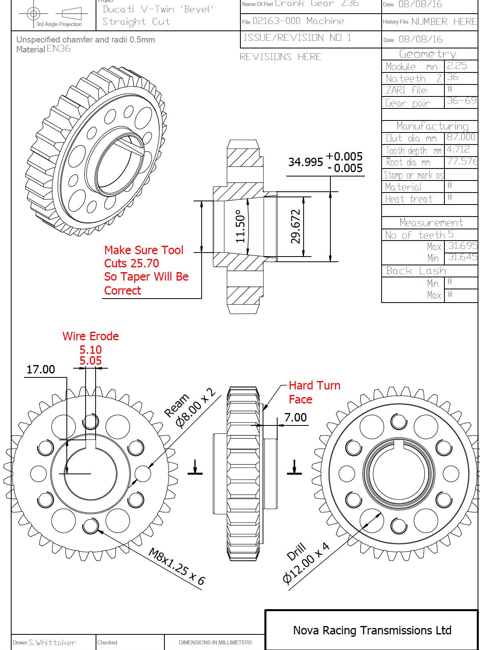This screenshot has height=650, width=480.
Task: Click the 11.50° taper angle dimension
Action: coord(240,226)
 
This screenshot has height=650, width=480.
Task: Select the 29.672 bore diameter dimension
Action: coord(295,226)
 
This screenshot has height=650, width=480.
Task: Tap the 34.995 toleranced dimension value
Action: coord(306,162)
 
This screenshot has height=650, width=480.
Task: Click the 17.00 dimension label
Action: coord(40,369)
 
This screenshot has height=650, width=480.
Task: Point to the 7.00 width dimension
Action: coord(295,417)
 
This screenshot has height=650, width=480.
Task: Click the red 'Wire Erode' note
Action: coord(90,336)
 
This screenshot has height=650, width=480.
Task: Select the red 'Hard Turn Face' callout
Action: coord(314,392)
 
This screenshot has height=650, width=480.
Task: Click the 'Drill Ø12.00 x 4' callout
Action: coord(306,563)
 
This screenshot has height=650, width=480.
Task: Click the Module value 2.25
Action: coord(457,66)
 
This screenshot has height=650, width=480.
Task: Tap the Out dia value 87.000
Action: coord(461,137)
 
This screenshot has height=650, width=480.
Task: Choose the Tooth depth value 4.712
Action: coord(458,150)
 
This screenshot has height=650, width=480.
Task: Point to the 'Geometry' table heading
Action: coord(428,54)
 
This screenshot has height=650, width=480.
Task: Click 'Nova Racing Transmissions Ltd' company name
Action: coord(372,630)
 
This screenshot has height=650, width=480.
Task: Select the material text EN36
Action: coord(58,49)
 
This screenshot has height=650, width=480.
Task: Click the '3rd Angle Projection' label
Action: coord(59,24)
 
